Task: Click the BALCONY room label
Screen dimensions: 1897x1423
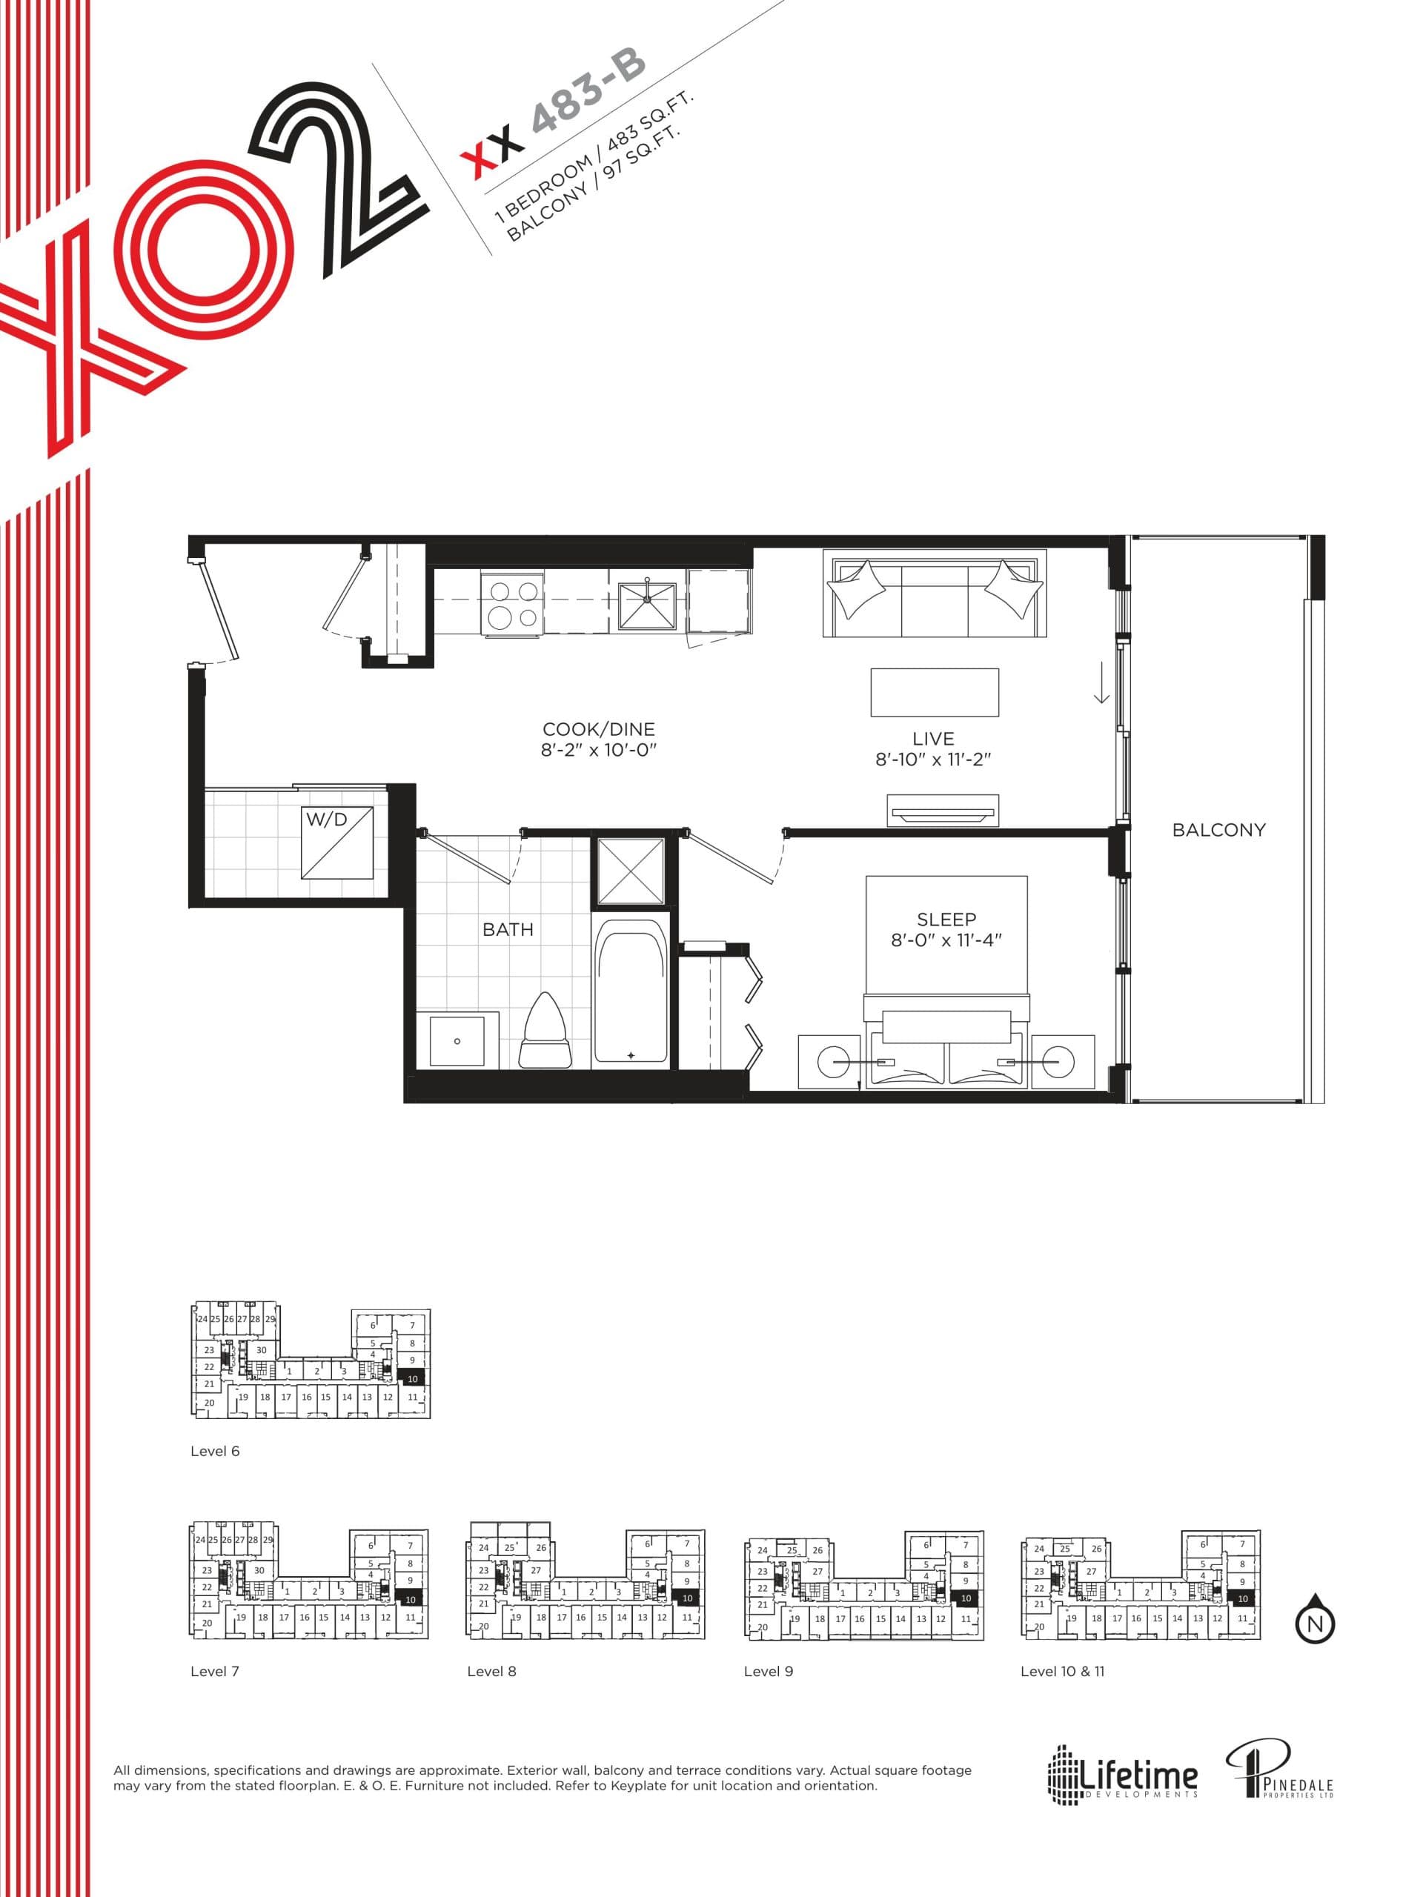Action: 1218,829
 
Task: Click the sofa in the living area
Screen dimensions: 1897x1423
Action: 934,594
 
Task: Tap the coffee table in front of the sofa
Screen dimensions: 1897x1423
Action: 934,692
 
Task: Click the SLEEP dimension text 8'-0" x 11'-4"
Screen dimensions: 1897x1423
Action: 946,940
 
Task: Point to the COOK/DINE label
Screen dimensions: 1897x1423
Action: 599,729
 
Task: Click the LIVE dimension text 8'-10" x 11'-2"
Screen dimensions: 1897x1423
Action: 933,759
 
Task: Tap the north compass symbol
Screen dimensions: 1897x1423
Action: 1315,1621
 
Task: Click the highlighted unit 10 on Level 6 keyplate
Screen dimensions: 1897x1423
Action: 412,1379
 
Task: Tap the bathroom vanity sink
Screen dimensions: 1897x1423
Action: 457,1040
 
